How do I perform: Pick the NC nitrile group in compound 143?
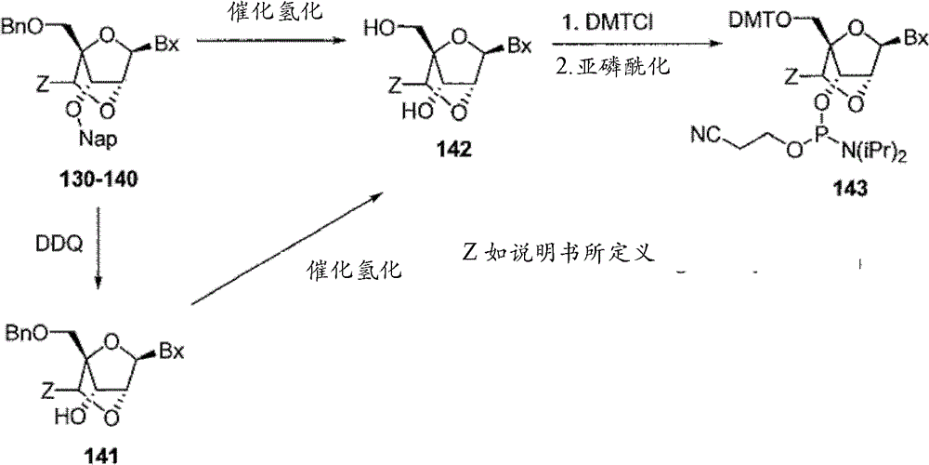pyautogui.click(x=705, y=137)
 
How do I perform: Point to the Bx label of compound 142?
pyautogui.click(x=520, y=45)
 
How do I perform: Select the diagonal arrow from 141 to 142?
pyautogui.click(x=287, y=249)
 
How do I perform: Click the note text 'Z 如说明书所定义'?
pyautogui.click(x=558, y=253)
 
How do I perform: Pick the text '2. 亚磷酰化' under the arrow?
pyautogui.click(x=613, y=65)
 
